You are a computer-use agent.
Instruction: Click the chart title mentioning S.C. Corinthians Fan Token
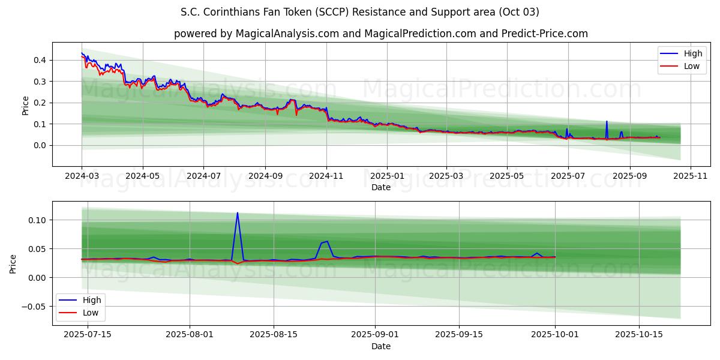coord(359,12)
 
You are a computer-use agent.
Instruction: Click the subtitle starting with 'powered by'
coord(380,34)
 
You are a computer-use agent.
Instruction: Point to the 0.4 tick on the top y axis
coord(40,60)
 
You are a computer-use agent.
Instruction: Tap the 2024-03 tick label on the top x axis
coord(82,176)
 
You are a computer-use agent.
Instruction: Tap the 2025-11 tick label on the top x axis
coord(691,176)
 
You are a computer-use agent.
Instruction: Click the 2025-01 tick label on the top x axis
coord(387,176)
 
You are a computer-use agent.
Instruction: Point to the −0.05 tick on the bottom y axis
coord(33,307)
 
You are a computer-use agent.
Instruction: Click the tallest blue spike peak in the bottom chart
coord(237,213)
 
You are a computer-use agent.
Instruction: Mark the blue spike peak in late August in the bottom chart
coord(326,241)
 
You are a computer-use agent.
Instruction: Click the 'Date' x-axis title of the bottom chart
coord(380,346)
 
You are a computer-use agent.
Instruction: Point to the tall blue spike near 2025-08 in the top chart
coord(607,122)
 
